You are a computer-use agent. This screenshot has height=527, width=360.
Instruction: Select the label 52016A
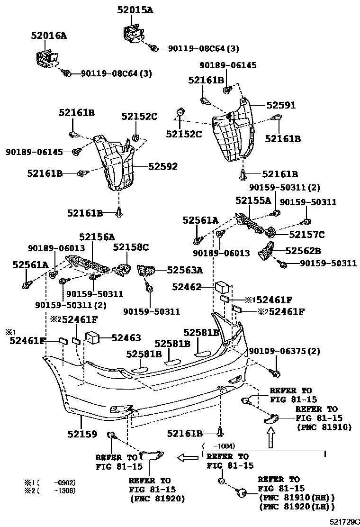[x=49, y=35]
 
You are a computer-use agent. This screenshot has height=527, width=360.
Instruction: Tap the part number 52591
[x=280, y=105]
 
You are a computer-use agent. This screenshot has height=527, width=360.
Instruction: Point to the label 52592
[x=163, y=166]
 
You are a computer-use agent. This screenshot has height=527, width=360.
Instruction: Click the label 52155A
[x=254, y=200]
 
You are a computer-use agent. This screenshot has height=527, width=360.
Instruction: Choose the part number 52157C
[x=307, y=234]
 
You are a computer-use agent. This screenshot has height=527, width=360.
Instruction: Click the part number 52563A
[x=185, y=270]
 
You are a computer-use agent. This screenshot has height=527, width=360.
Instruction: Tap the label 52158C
[x=131, y=247]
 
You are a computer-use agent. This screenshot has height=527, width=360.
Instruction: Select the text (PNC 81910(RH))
[x=297, y=498]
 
